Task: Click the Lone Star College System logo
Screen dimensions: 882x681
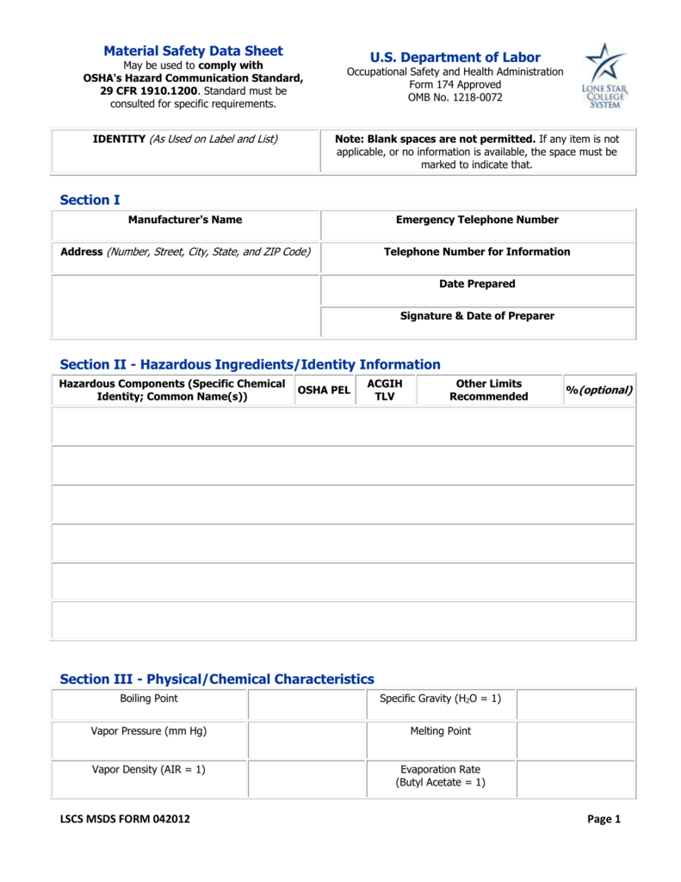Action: point(605,76)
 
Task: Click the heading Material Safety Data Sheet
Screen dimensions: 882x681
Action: point(193,51)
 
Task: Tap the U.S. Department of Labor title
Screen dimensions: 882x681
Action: point(455,58)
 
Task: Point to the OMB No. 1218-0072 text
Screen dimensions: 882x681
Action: point(455,97)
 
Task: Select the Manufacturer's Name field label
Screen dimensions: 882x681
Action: point(185,220)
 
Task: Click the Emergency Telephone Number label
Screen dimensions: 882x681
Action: point(477,220)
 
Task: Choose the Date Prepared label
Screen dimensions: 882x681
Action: point(477,283)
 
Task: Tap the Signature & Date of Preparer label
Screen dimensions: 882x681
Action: point(477,316)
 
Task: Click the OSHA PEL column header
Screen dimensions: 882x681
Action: point(324,390)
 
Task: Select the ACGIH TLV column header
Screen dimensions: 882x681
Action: point(384,390)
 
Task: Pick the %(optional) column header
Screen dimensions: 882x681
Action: point(599,390)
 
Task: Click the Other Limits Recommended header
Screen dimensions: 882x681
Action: point(488,390)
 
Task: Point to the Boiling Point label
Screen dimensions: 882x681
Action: point(149,699)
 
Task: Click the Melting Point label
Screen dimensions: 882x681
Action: point(440,731)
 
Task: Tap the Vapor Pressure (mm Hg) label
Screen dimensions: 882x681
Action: point(149,731)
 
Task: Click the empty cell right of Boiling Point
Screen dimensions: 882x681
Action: point(306,704)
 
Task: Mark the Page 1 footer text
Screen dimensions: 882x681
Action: point(604,819)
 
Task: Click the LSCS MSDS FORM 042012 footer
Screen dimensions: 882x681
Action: point(125,819)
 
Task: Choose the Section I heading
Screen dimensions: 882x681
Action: point(90,200)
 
